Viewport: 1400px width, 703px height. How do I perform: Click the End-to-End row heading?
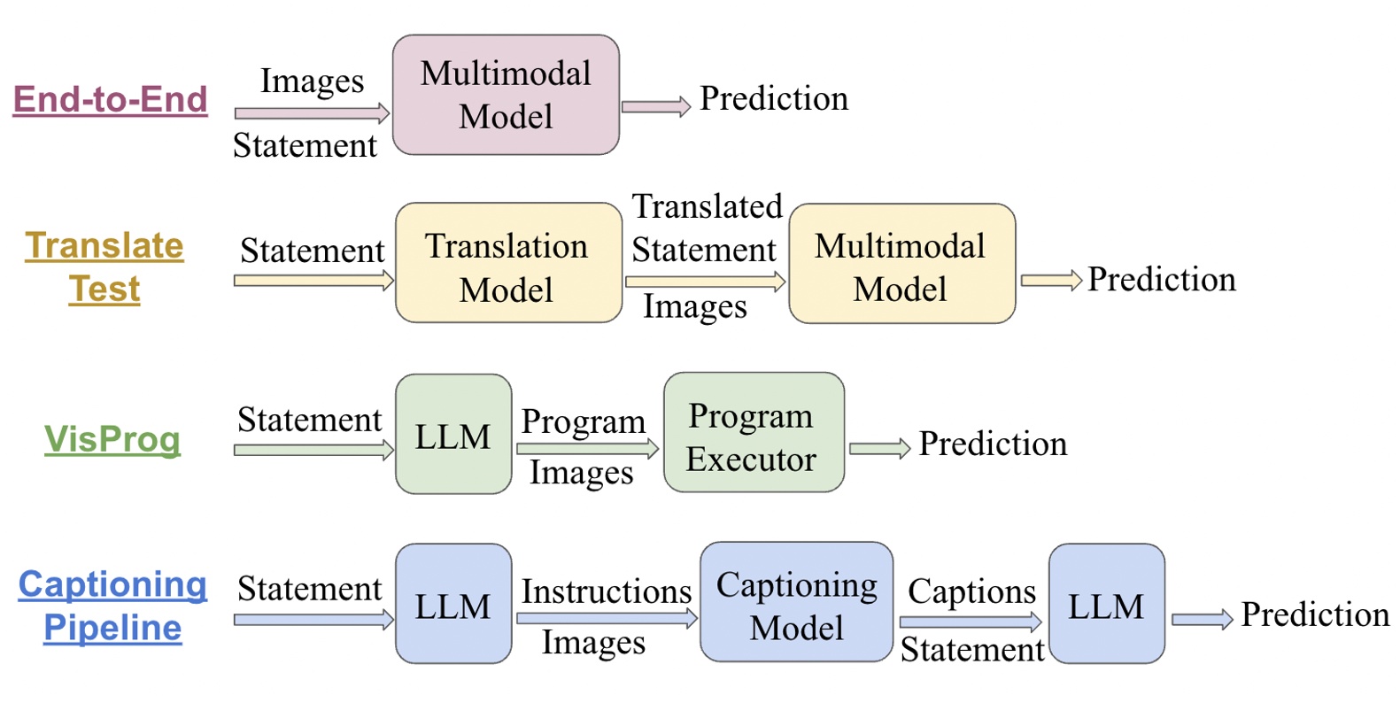(110, 100)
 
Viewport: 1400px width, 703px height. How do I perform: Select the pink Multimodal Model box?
(506, 95)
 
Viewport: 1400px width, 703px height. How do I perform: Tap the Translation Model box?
(509, 262)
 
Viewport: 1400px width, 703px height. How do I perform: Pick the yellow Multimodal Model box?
(901, 263)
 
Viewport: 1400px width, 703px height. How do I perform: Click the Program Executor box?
(754, 432)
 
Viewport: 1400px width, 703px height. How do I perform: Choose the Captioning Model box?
(796, 602)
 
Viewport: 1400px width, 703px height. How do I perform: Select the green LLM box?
(453, 435)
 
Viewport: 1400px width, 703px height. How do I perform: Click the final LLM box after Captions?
(1106, 604)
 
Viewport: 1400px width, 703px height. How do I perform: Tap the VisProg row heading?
(112, 439)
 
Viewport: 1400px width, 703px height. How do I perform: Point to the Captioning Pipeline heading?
(112, 606)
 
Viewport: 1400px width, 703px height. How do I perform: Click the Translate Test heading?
(104, 267)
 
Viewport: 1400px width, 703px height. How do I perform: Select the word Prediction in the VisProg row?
(993, 444)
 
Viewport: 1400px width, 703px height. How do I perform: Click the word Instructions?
(607, 591)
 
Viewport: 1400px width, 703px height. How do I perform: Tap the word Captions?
(972, 592)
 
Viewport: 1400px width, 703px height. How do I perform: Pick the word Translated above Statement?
(707, 206)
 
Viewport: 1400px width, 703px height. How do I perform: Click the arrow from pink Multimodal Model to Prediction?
(656, 107)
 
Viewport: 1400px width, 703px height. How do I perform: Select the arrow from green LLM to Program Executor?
(587, 448)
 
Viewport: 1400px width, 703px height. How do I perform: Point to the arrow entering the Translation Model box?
(313, 281)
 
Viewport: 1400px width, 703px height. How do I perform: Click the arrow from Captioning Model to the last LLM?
(971, 622)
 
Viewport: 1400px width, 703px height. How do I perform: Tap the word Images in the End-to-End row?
(312, 81)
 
